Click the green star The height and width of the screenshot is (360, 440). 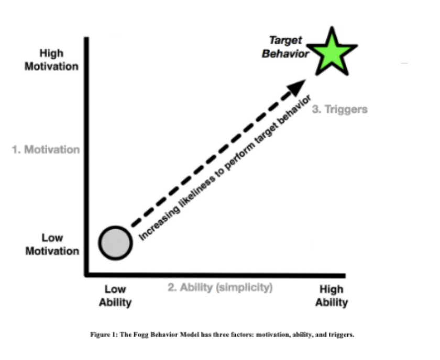334,53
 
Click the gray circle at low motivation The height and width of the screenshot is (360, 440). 115,243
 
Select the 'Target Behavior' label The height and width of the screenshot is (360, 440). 286,47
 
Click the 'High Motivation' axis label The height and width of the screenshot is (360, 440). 51,60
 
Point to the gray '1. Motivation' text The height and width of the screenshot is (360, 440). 46,150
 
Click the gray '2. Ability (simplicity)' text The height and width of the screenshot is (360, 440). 220,287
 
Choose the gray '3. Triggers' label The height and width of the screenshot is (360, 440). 339,109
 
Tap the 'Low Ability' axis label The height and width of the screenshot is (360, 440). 115,296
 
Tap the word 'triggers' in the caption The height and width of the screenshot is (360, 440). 343,334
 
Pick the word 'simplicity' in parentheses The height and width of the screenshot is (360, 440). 250,287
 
